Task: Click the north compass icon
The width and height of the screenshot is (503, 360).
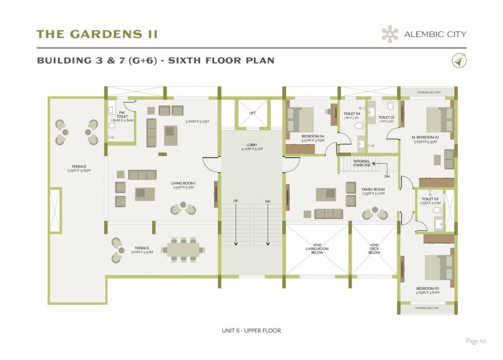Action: [459, 60]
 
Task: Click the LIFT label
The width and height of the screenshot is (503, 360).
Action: [252, 113]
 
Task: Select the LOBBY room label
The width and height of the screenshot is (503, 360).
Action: [252, 147]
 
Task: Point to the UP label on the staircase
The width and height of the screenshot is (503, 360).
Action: [236, 201]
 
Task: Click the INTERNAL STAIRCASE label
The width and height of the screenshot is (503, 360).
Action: [362, 163]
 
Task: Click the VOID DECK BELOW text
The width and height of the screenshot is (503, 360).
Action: [374, 249]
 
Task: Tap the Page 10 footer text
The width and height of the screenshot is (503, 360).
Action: [476, 341]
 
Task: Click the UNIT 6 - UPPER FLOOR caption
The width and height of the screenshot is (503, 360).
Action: [251, 330]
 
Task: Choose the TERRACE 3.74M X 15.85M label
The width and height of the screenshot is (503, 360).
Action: [78, 168]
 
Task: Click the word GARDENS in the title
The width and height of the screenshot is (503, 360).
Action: [101, 34]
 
